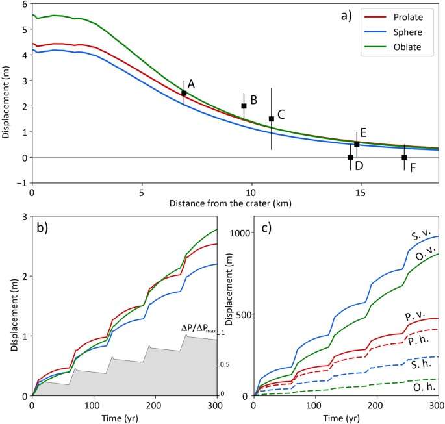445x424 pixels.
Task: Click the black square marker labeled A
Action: pyautogui.click(x=184, y=94)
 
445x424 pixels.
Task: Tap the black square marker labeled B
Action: pyautogui.click(x=244, y=106)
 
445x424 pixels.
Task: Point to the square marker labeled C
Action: pyautogui.click(x=272, y=119)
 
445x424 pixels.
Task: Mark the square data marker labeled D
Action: pyautogui.click(x=350, y=157)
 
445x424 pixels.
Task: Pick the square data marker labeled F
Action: pyautogui.click(x=404, y=157)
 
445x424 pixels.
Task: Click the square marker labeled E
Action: pyautogui.click(x=357, y=144)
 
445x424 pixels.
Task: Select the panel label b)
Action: pyautogui.click(x=45, y=229)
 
